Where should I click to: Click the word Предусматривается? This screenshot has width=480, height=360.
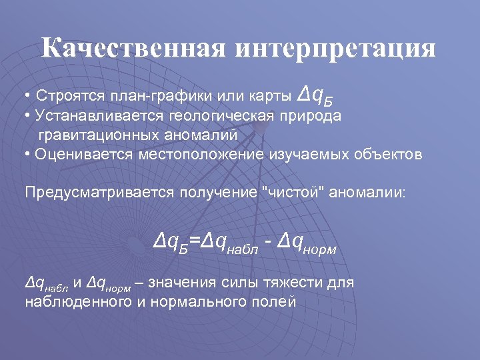click(99, 193)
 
